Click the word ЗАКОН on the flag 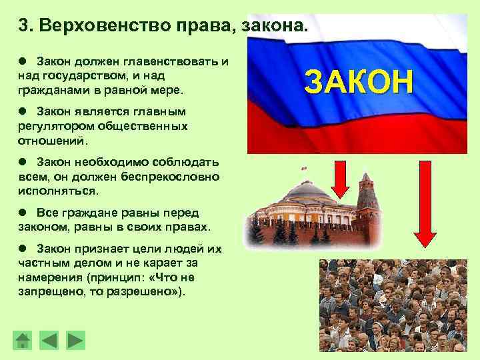[x=359, y=82]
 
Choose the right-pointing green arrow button [x=76, y=341]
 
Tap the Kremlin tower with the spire [x=367, y=200]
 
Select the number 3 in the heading [x=23, y=26]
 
